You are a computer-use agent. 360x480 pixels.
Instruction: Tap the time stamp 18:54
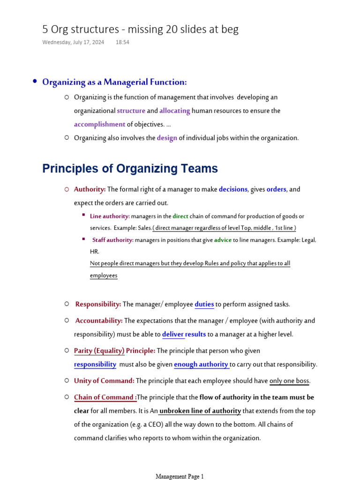[x=122, y=42]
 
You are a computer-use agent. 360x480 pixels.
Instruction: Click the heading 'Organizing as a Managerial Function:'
[x=114, y=82]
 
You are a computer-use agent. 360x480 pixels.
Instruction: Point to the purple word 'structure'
[x=131, y=111]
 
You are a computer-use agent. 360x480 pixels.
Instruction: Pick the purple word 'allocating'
[x=174, y=111]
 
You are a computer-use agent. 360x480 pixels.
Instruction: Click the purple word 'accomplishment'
[x=99, y=124]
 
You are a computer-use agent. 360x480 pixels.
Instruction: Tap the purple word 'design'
[x=167, y=138]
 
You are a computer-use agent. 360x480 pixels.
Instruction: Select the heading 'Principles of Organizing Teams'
[x=130, y=169]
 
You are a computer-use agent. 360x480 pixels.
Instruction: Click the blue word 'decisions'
[x=233, y=189]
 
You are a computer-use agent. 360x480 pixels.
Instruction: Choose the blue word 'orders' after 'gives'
[x=276, y=189]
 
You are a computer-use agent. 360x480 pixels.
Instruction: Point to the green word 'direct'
[x=180, y=216]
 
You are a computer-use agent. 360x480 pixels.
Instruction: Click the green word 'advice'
[x=223, y=240]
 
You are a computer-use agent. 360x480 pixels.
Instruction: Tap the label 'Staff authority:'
[x=113, y=240]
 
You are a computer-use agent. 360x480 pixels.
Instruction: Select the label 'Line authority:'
[x=110, y=216]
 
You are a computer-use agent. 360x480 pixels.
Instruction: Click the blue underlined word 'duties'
[x=204, y=304]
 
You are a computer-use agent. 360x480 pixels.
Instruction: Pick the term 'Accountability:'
[x=99, y=321]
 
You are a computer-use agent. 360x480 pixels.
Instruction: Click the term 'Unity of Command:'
[x=104, y=381]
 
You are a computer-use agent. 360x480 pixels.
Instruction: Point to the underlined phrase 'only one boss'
[x=289, y=381]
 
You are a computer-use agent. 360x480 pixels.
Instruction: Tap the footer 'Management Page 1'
[x=180, y=476]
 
